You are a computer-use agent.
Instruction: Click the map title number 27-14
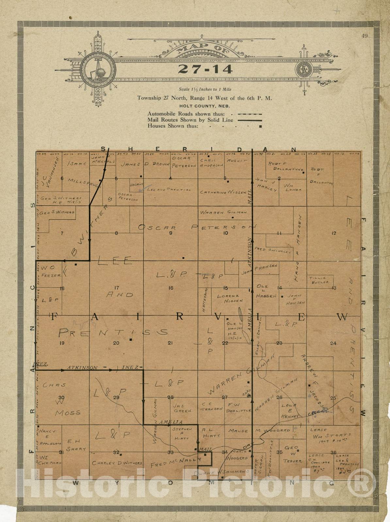[x=205, y=69]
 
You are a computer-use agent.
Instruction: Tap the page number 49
[x=365, y=36]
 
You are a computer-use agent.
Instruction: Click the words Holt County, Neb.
[x=204, y=106]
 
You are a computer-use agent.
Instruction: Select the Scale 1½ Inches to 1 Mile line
[x=205, y=89]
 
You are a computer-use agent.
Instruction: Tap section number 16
[x=170, y=288]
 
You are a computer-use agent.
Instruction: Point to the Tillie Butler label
[x=319, y=280]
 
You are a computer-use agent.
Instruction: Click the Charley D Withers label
[x=117, y=463]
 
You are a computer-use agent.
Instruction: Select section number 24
[x=333, y=343]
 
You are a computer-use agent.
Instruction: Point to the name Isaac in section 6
[x=77, y=163]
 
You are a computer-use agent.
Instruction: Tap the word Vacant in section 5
[x=137, y=185]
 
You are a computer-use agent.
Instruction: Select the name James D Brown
[x=145, y=164]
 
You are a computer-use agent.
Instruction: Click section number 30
[x=61, y=397]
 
